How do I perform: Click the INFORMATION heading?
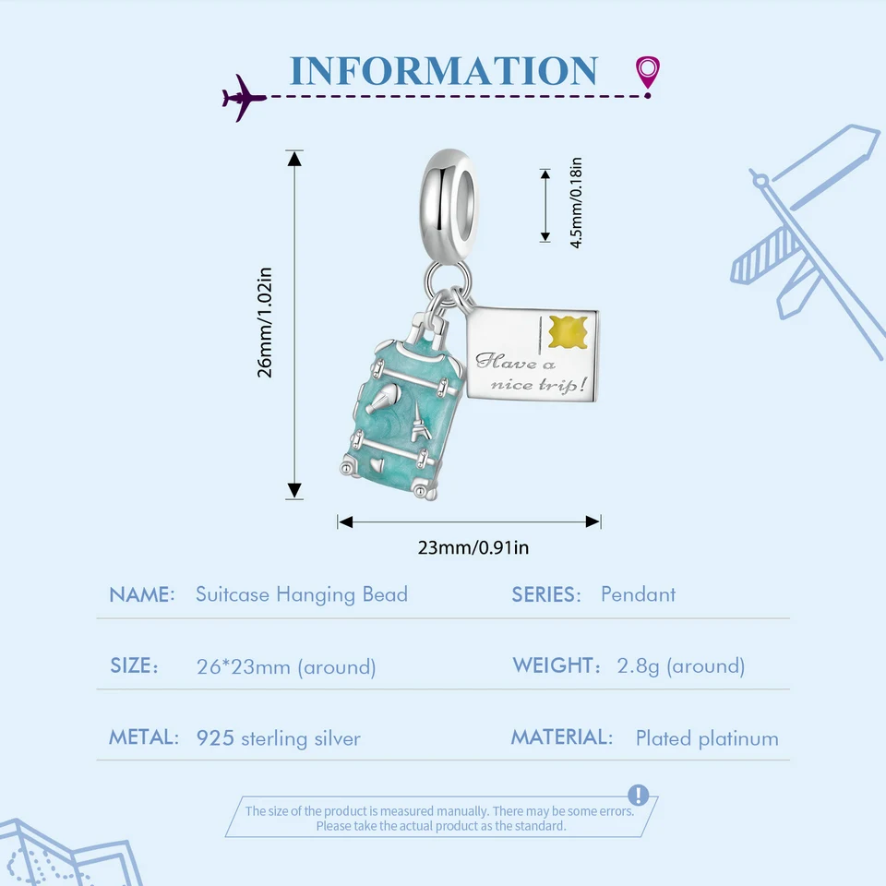coord(443,71)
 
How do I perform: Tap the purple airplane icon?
coord(243,97)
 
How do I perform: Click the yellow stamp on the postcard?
coord(568,331)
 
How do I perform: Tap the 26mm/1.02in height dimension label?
coord(266,322)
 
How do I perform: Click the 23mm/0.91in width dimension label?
coord(473,547)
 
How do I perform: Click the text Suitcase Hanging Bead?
coord(301,594)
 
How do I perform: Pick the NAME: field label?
coord(141,594)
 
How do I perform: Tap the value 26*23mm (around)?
coord(285,666)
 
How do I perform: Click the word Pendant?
coord(638,594)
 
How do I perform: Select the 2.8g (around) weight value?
coord(680,666)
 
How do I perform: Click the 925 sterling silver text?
coord(278,738)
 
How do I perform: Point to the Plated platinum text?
coord(706,738)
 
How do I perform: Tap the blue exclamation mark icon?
coord(638,796)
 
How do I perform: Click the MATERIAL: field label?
coord(561,737)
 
